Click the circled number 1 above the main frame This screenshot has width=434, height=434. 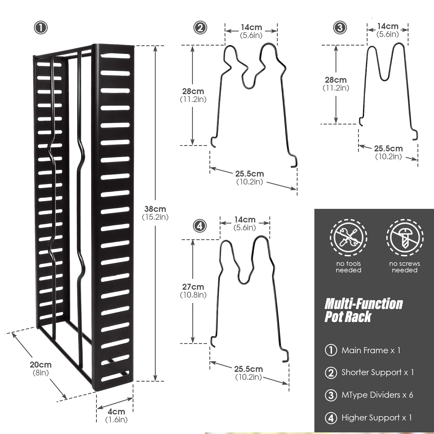tap(41, 28)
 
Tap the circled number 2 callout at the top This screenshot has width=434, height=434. tap(200, 28)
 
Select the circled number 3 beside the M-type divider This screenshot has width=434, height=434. tap(340, 28)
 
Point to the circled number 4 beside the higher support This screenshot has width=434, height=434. tap(200, 226)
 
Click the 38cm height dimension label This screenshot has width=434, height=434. tap(155, 213)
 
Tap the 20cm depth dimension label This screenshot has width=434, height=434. tap(41, 368)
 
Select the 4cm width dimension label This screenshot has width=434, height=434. tap(116, 415)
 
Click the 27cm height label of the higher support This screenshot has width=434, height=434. tap(193, 291)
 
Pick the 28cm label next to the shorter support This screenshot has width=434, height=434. tap(193, 95)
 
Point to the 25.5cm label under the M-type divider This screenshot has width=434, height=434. tap(388, 152)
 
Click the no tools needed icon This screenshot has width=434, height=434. tap(349, 238)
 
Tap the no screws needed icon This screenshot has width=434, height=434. tap(405, 238)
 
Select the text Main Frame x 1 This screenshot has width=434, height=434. tap(371, 350)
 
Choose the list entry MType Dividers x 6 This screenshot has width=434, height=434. tap(377, 395)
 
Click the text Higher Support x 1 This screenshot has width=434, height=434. tap(377, 418)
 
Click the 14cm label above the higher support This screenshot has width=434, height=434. tap(245, 223)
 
